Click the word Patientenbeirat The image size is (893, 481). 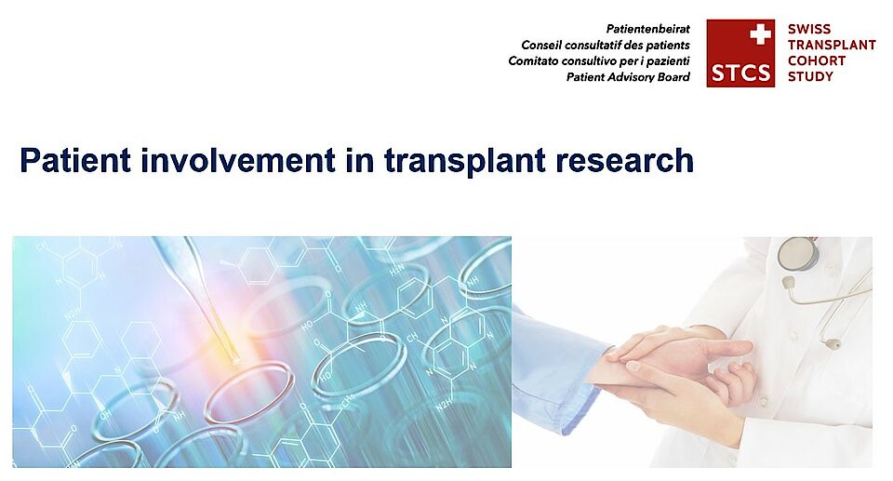647,29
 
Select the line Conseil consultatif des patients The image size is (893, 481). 606,45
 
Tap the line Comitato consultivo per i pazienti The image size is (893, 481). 598,61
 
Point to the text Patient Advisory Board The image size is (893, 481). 628,77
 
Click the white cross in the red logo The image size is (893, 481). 760,34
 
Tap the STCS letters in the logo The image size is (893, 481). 740,73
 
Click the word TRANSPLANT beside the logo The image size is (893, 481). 832,45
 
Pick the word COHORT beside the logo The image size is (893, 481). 816,60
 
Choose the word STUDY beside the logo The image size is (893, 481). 810,76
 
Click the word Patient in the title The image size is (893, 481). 75,160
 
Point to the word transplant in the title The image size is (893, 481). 465,162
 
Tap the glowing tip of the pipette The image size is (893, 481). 233,359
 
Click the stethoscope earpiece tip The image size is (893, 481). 834,343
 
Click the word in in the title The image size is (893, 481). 360,160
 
